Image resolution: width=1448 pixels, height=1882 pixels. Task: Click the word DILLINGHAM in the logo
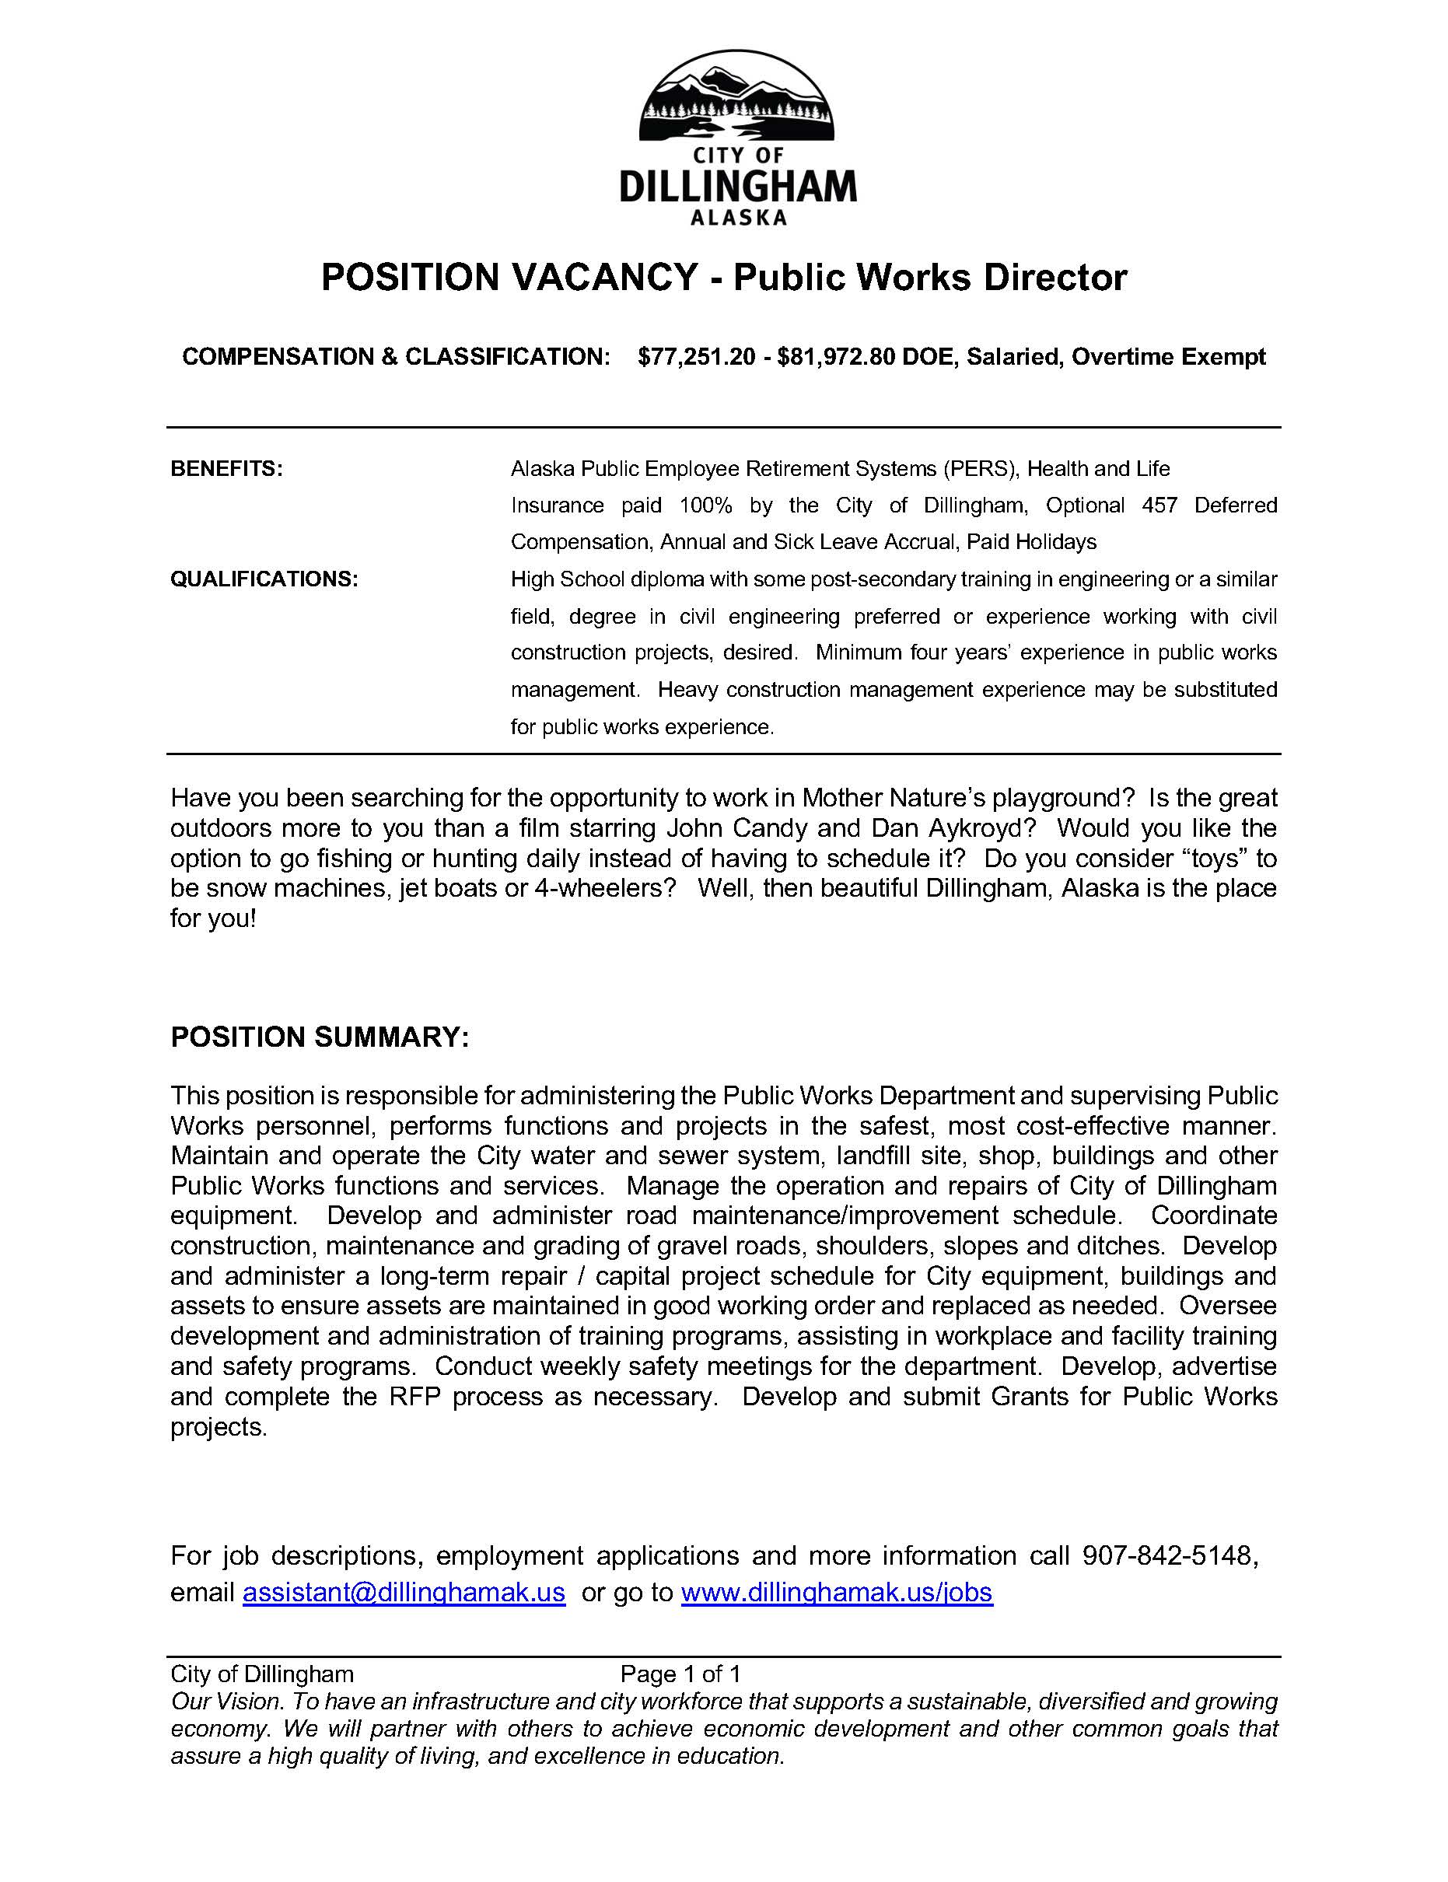738,186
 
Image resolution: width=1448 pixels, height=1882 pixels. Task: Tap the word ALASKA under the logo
739,219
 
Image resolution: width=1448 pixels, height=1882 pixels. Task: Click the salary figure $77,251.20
697,357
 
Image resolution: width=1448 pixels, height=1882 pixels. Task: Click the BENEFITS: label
226,469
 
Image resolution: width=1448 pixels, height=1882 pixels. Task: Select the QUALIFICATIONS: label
264,579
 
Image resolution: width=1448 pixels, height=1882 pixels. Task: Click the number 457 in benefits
1159,505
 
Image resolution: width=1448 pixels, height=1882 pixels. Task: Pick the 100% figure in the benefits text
705,505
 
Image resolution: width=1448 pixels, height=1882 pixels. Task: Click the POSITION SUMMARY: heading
320,1037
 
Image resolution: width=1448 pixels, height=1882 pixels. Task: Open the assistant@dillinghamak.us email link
404,1593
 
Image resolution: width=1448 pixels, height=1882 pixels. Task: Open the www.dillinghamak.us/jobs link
836,1593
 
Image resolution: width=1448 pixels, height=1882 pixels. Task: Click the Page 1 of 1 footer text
680,1674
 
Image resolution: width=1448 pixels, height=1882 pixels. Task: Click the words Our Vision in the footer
226,1702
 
